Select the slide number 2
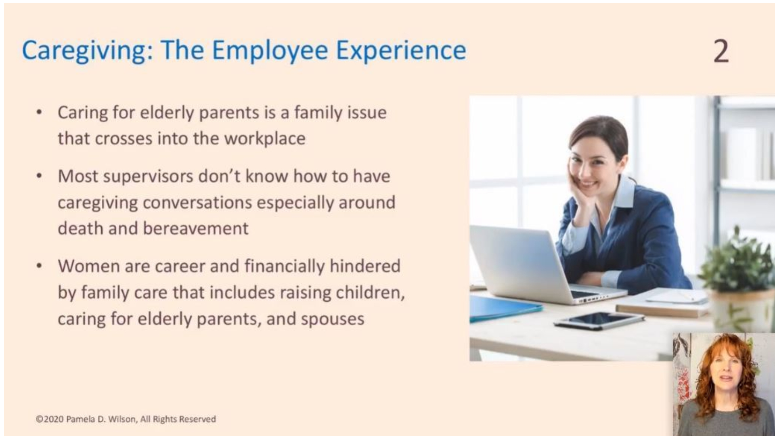[x=721, y=51]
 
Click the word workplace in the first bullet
[x=265, y=138]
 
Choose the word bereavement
[x=196, y=228]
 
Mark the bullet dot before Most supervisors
[x=39, y=176]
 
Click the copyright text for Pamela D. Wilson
[x=126, y=419]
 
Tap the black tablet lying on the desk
[x=599, y=321]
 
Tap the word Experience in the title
[x=401, y=51]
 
